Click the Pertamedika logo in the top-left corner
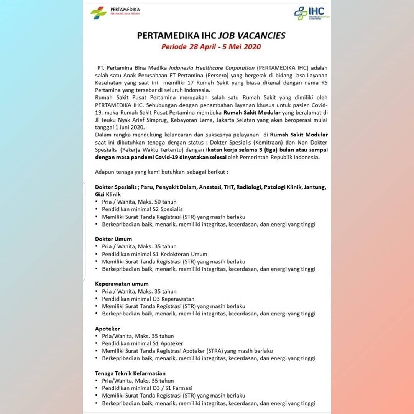(x=115, y=12)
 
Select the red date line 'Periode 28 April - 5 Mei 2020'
(x=211, y=47)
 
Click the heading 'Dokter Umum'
(x=113, y=239)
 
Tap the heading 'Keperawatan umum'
(x=122, y=284)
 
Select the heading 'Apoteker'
(x=108, y=329)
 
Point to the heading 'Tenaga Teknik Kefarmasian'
(x=130, y=373)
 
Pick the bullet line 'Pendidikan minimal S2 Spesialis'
(x=142, y=209)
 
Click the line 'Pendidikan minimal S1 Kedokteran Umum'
(x=154, y=254)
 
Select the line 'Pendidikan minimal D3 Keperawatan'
(x=148, y=299)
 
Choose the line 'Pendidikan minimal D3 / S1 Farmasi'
(x=147, y=388)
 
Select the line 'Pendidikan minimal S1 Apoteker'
(x=142, y=343)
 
